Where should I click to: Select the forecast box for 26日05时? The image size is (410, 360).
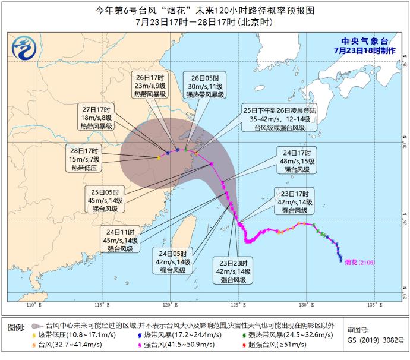tap(204, 86)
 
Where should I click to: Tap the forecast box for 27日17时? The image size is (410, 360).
tap(97, 117)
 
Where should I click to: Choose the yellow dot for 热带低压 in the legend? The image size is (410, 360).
tap(34, 335)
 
